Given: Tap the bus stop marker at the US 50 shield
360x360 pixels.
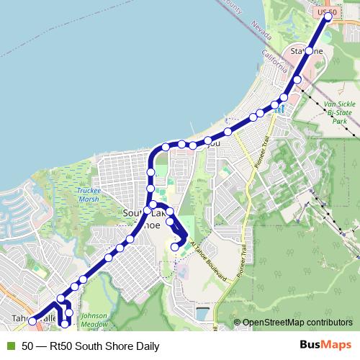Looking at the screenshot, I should [x=328, y=17].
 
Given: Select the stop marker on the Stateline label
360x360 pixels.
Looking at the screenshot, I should [x=309, y=51].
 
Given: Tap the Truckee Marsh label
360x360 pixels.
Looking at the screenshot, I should [x=89, y=195].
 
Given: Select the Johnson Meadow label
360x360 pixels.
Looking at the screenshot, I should [x=94, y=319].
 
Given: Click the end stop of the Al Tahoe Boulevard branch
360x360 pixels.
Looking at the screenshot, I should [x=175, y=247].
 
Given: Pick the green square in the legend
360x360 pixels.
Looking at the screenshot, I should [x=10, y=346].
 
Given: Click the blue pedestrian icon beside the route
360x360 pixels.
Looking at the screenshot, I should [x=279, y=108].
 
